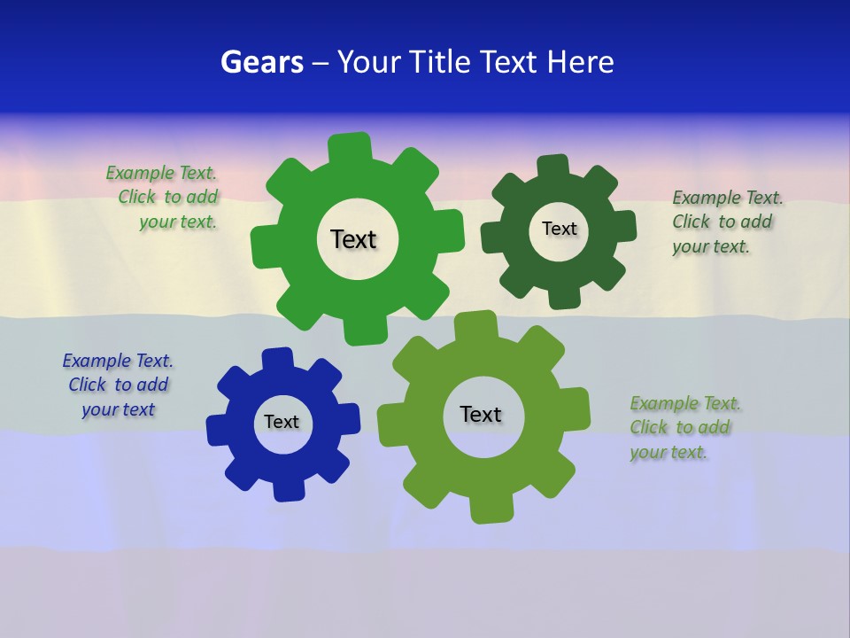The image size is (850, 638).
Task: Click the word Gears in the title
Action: coord(261,62)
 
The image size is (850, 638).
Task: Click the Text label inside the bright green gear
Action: coord(353,239)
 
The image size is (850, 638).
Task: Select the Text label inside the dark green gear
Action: coord(559,229)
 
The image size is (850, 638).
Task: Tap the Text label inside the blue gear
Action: coord(281,422)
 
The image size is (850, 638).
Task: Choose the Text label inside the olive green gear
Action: coord(481,414)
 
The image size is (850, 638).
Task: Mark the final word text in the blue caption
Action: coord(140,409)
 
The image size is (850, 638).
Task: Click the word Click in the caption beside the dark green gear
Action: coord(692,222)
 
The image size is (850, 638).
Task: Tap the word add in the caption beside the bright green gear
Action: coord(202,197)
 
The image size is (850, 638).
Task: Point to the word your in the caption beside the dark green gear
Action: coord(691,247)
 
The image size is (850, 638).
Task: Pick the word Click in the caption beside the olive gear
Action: coord(649,427)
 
